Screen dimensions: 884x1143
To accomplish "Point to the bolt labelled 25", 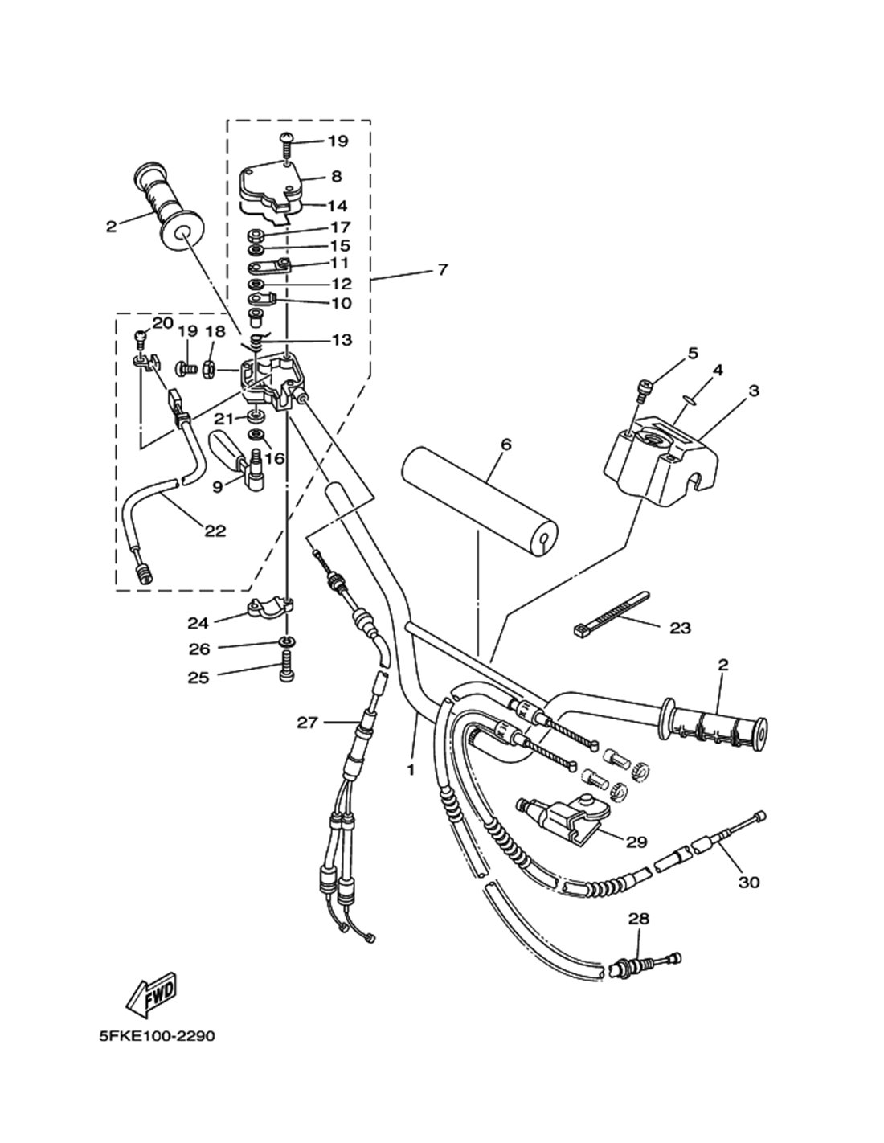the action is point(287,667).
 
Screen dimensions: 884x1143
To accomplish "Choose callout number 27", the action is point(307,723).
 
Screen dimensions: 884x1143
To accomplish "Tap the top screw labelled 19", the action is point(287,144).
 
